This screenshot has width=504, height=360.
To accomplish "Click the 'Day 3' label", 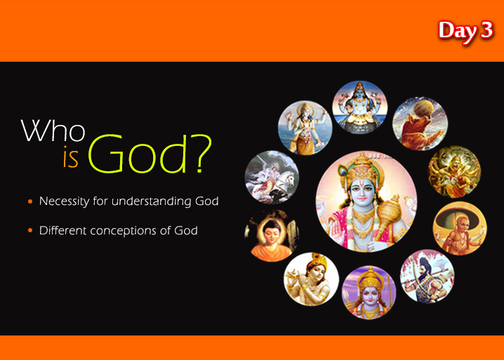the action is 465,31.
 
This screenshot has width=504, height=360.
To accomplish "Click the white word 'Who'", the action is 53,131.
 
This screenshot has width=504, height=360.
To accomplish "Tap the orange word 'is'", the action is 70,157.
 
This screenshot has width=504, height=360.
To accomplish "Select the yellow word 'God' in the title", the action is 138,154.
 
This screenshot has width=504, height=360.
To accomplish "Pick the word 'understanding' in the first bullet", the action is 152,201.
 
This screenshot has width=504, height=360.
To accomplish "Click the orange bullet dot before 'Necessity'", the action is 30,201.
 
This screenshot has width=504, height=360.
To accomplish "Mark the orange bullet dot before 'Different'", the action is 30,230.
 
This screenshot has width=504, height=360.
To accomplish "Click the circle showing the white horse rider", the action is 272,178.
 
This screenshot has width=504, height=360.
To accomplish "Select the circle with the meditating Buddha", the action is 272,236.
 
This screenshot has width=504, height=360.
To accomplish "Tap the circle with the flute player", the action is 311,279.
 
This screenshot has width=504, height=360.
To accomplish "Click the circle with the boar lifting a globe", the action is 420,124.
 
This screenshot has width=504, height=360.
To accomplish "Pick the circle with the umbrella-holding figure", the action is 460,228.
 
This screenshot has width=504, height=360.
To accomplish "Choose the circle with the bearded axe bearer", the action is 427,276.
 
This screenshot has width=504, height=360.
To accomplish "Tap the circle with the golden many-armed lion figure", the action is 454,172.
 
